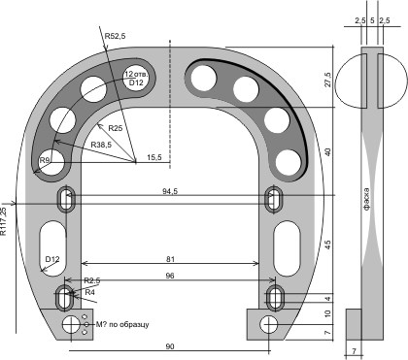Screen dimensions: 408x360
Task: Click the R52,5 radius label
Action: point(115,36)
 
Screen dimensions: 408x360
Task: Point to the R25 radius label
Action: point(116,128)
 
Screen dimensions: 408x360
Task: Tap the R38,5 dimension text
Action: point(101,145)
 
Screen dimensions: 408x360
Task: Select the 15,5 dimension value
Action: point(154,157)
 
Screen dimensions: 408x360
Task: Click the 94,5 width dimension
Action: point(170,191)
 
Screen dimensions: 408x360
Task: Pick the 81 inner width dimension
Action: point(170,259)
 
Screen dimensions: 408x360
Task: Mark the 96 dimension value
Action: point(170,276)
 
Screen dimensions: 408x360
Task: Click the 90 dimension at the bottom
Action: point(170,346)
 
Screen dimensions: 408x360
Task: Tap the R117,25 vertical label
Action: point(4,221)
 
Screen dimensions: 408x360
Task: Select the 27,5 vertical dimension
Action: point(328,80)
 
